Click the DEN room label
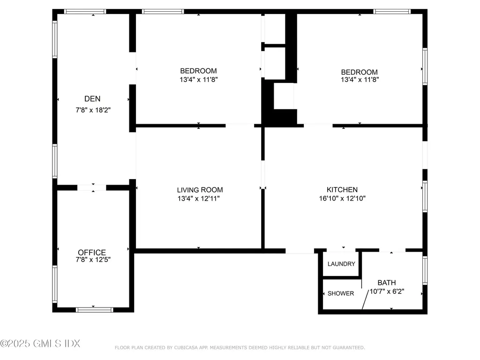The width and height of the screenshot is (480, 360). [x=92, y=99]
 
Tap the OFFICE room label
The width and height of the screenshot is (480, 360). [x=92, y=252]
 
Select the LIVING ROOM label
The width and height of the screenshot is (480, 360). [x=200, y=190]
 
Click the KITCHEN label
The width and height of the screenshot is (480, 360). [x=342, y=190]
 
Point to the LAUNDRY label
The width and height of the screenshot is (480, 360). [x=341, y=264]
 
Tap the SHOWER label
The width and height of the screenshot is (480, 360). [x=341, y=293]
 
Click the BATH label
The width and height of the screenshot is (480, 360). [x=387, y=283]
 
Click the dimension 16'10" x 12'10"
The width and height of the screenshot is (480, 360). [x=342, y=198]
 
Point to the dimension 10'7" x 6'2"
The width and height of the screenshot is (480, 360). [x=387, y=291]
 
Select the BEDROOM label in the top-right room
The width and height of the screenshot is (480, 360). [x=359, y=72]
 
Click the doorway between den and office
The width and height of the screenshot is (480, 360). [x=92, y=187]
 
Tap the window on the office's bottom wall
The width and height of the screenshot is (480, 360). [x=95, y=309]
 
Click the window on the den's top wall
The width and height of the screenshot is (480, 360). [x=85, y=11]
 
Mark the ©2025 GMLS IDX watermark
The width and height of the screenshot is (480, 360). [x=40, y=343]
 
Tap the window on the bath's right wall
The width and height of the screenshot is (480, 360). [x=425, y=270]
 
